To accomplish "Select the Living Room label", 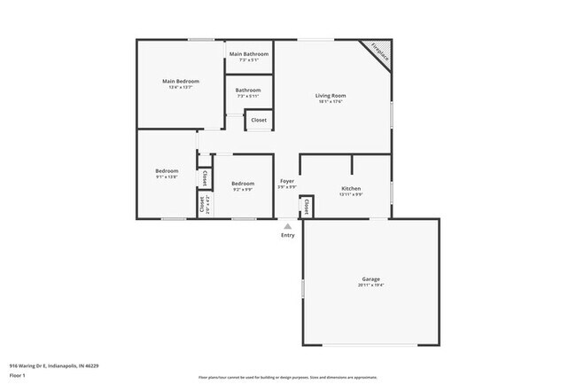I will click(x=330, y=95).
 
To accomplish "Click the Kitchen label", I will click(x=351, y=188).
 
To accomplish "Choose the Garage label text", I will click(x=370, y=279).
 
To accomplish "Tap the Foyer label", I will click(x=287, y=181).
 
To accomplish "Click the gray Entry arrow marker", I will click(x=287, y=226).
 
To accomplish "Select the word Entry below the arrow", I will click(x=287, y=235).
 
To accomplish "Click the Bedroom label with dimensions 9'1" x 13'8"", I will click(x=167, y=170).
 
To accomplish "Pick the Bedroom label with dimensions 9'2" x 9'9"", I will click(x=243, y=183).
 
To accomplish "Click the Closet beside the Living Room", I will click(x=259, y=120).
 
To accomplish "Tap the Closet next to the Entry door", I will click(x=307, y=206).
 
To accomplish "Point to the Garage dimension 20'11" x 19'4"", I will click(x=370, y=286).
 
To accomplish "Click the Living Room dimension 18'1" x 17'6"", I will click(x=330, y=102).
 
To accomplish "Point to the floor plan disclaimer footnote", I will click(x=287, y=376).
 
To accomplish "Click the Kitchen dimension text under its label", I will click(x=351, y=194).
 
